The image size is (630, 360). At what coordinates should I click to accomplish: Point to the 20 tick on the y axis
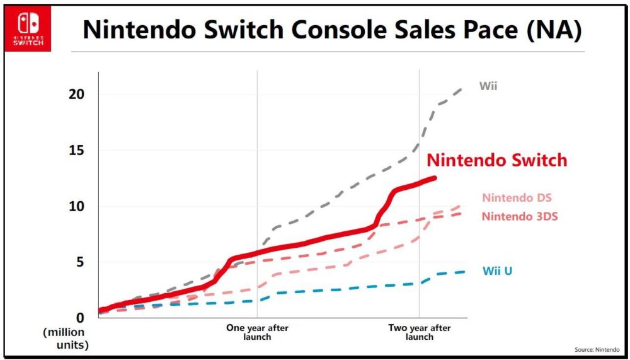point(77,95)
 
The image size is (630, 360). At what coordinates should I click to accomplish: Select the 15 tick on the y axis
point(77,151)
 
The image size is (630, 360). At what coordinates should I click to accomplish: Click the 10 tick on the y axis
point(77,206)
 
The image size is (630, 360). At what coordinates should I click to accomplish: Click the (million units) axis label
point(66,339)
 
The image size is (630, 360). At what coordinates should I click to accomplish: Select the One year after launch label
point(257,332)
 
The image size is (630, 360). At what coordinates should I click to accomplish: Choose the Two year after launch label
point(420,332)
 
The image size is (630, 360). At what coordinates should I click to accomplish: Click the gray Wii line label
point(488,86)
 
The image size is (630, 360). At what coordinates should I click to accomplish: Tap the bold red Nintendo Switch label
point(496,160)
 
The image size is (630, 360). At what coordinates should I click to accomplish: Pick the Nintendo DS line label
point(517,198)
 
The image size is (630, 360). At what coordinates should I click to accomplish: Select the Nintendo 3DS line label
point(520,217)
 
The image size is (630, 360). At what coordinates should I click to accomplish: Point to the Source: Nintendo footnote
point(597,349)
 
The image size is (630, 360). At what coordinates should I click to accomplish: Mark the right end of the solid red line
point(435,178)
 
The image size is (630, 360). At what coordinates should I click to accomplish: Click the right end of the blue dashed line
point(465,272)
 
